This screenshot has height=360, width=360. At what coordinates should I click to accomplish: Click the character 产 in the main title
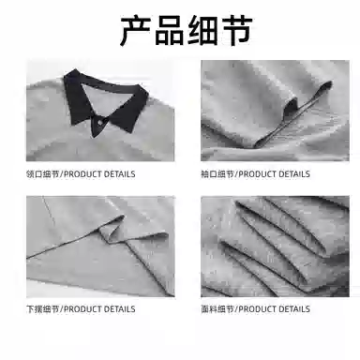[136, 31]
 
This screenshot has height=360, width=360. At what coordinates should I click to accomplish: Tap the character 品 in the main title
[170, 31]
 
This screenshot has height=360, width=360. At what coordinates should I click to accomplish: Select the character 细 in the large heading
[202, 31]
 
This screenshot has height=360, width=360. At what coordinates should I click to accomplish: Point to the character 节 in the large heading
[236, 31]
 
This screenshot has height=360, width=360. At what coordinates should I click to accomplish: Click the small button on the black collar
[100, 123]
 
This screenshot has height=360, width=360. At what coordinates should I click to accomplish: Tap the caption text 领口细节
[42, 174]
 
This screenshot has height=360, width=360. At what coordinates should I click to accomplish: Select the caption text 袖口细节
[217, 174]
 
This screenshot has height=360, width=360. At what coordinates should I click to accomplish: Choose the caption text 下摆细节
[42, 309]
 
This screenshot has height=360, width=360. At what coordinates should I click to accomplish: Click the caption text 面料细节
[217, 309]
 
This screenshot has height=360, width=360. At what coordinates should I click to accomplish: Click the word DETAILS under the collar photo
[119, 174]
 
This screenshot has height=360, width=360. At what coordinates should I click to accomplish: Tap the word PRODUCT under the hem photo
[82, 309]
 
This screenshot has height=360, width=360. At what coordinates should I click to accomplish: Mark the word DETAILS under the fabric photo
[294, 309]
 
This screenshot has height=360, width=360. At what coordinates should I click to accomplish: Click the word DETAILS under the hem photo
[119, 309]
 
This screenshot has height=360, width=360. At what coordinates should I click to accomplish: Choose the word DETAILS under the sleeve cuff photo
[294, 174]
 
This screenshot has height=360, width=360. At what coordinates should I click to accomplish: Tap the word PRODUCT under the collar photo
[82, 174]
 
